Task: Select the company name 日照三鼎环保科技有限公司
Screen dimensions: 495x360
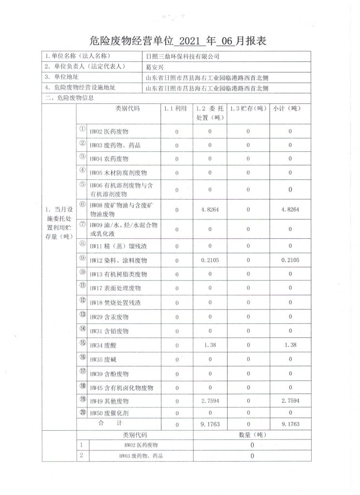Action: pyautogui.click(x=182, y=56)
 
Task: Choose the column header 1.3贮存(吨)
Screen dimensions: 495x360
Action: pyautogui.click(x=247, y=109)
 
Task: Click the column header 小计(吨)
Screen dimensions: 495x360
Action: pyautogui.click(x=290, y=109)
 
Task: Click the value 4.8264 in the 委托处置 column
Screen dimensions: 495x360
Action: pyautogui.click(x=210, y=209)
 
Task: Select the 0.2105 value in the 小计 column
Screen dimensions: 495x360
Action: pyautogui.click(x=290, y=260)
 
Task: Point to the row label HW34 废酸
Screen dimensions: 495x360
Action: pyautogui.click(x=103, y=346)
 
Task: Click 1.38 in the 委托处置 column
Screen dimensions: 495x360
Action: pyautogui.click(x=210, y=345)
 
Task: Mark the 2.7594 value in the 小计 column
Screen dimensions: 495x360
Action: pyautogui.click(x=290, y=401)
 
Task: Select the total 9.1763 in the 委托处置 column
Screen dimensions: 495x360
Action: pyautogui.click(x=210, y=424)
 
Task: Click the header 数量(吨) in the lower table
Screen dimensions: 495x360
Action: pyautogui.click(x=252, y=435)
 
